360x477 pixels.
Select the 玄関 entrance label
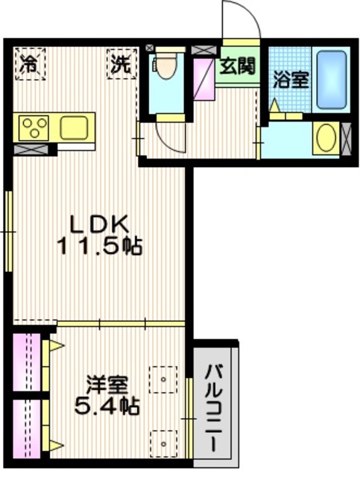point(237,65)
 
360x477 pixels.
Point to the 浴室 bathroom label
point(290,80)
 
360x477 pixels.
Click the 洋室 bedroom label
point(109,386)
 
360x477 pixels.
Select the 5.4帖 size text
point(109,408)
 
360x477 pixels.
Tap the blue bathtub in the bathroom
point(330,79)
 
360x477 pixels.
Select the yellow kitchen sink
point(73,127)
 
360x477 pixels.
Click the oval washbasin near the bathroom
point(326,139)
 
